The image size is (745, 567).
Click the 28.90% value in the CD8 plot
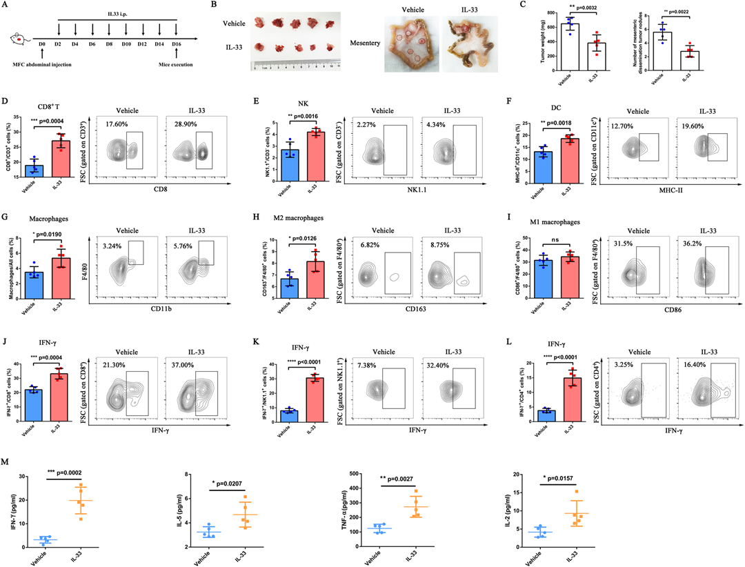(x=184, y=121)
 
